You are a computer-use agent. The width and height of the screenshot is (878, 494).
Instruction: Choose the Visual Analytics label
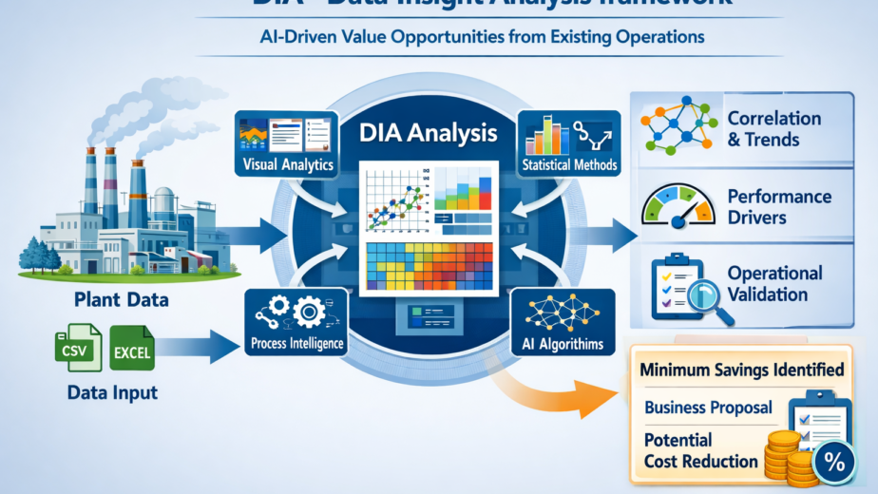pyautogui.click(x=289, y=165)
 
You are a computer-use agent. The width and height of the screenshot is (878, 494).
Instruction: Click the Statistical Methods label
pyautogui.click(x=569, y=165)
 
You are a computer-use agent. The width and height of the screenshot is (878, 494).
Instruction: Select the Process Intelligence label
pyautogui.click(x=294, y=342)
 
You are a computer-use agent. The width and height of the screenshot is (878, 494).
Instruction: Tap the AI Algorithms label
pyautogui.click(x=563, y=343)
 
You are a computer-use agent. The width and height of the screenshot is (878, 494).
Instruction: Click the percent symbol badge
pyautogui.click(x=835, y=463)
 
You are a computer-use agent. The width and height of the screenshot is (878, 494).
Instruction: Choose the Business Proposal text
pyautogui.click(x=708, y=408)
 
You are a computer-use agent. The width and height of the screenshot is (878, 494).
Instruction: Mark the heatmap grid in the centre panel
pyautogui.click(x=429, y=266)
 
